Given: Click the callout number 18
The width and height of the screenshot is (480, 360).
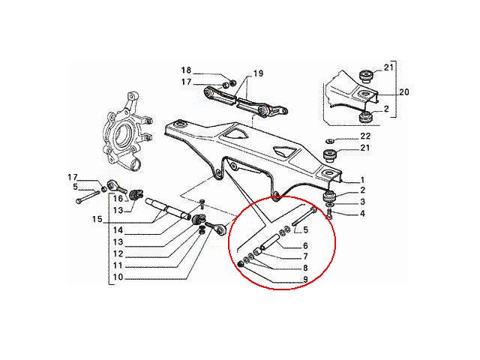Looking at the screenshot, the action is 186,70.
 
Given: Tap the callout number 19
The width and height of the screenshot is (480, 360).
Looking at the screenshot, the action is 258,73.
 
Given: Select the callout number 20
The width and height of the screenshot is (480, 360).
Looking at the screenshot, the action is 404,91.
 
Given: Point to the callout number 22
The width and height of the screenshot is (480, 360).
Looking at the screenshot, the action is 365,136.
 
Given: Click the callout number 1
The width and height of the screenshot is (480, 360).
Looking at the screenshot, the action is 362,180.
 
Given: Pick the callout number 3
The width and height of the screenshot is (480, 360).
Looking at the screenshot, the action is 362,202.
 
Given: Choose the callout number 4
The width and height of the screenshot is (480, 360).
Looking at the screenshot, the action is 362,213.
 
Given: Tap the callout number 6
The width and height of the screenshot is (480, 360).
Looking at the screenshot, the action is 305,245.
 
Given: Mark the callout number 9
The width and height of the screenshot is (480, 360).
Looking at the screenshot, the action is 305,280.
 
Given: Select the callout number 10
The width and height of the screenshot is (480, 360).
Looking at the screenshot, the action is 118,277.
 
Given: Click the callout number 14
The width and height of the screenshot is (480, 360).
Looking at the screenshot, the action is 118,230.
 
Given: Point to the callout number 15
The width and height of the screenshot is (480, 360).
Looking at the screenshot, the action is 97,219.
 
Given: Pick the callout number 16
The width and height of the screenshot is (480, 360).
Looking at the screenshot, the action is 118,199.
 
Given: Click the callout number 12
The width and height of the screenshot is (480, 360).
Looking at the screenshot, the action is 118,253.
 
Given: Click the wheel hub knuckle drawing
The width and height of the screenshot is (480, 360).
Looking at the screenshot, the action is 125,132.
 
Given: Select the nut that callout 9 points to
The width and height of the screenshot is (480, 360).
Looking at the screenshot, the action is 240,264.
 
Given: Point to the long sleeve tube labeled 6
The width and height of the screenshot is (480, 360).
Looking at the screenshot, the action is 270,241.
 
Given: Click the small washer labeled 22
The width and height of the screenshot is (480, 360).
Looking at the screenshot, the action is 329,141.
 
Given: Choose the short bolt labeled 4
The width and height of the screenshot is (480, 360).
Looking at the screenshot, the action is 329,213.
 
